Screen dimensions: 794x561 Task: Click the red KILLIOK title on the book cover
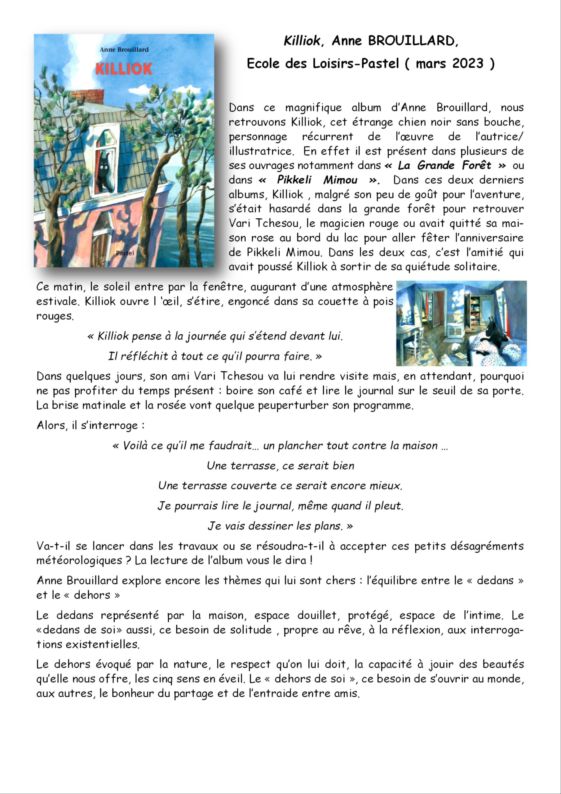click(123, 69)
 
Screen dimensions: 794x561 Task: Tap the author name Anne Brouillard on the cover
click(124, 49)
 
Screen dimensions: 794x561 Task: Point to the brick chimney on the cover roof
click(87, 96)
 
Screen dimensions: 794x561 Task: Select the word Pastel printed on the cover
click(125, 253)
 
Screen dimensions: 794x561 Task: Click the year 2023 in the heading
click(468, 63)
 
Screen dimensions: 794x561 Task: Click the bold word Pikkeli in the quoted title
click(294, 180)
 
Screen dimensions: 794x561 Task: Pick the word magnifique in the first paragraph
click(313, 108)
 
